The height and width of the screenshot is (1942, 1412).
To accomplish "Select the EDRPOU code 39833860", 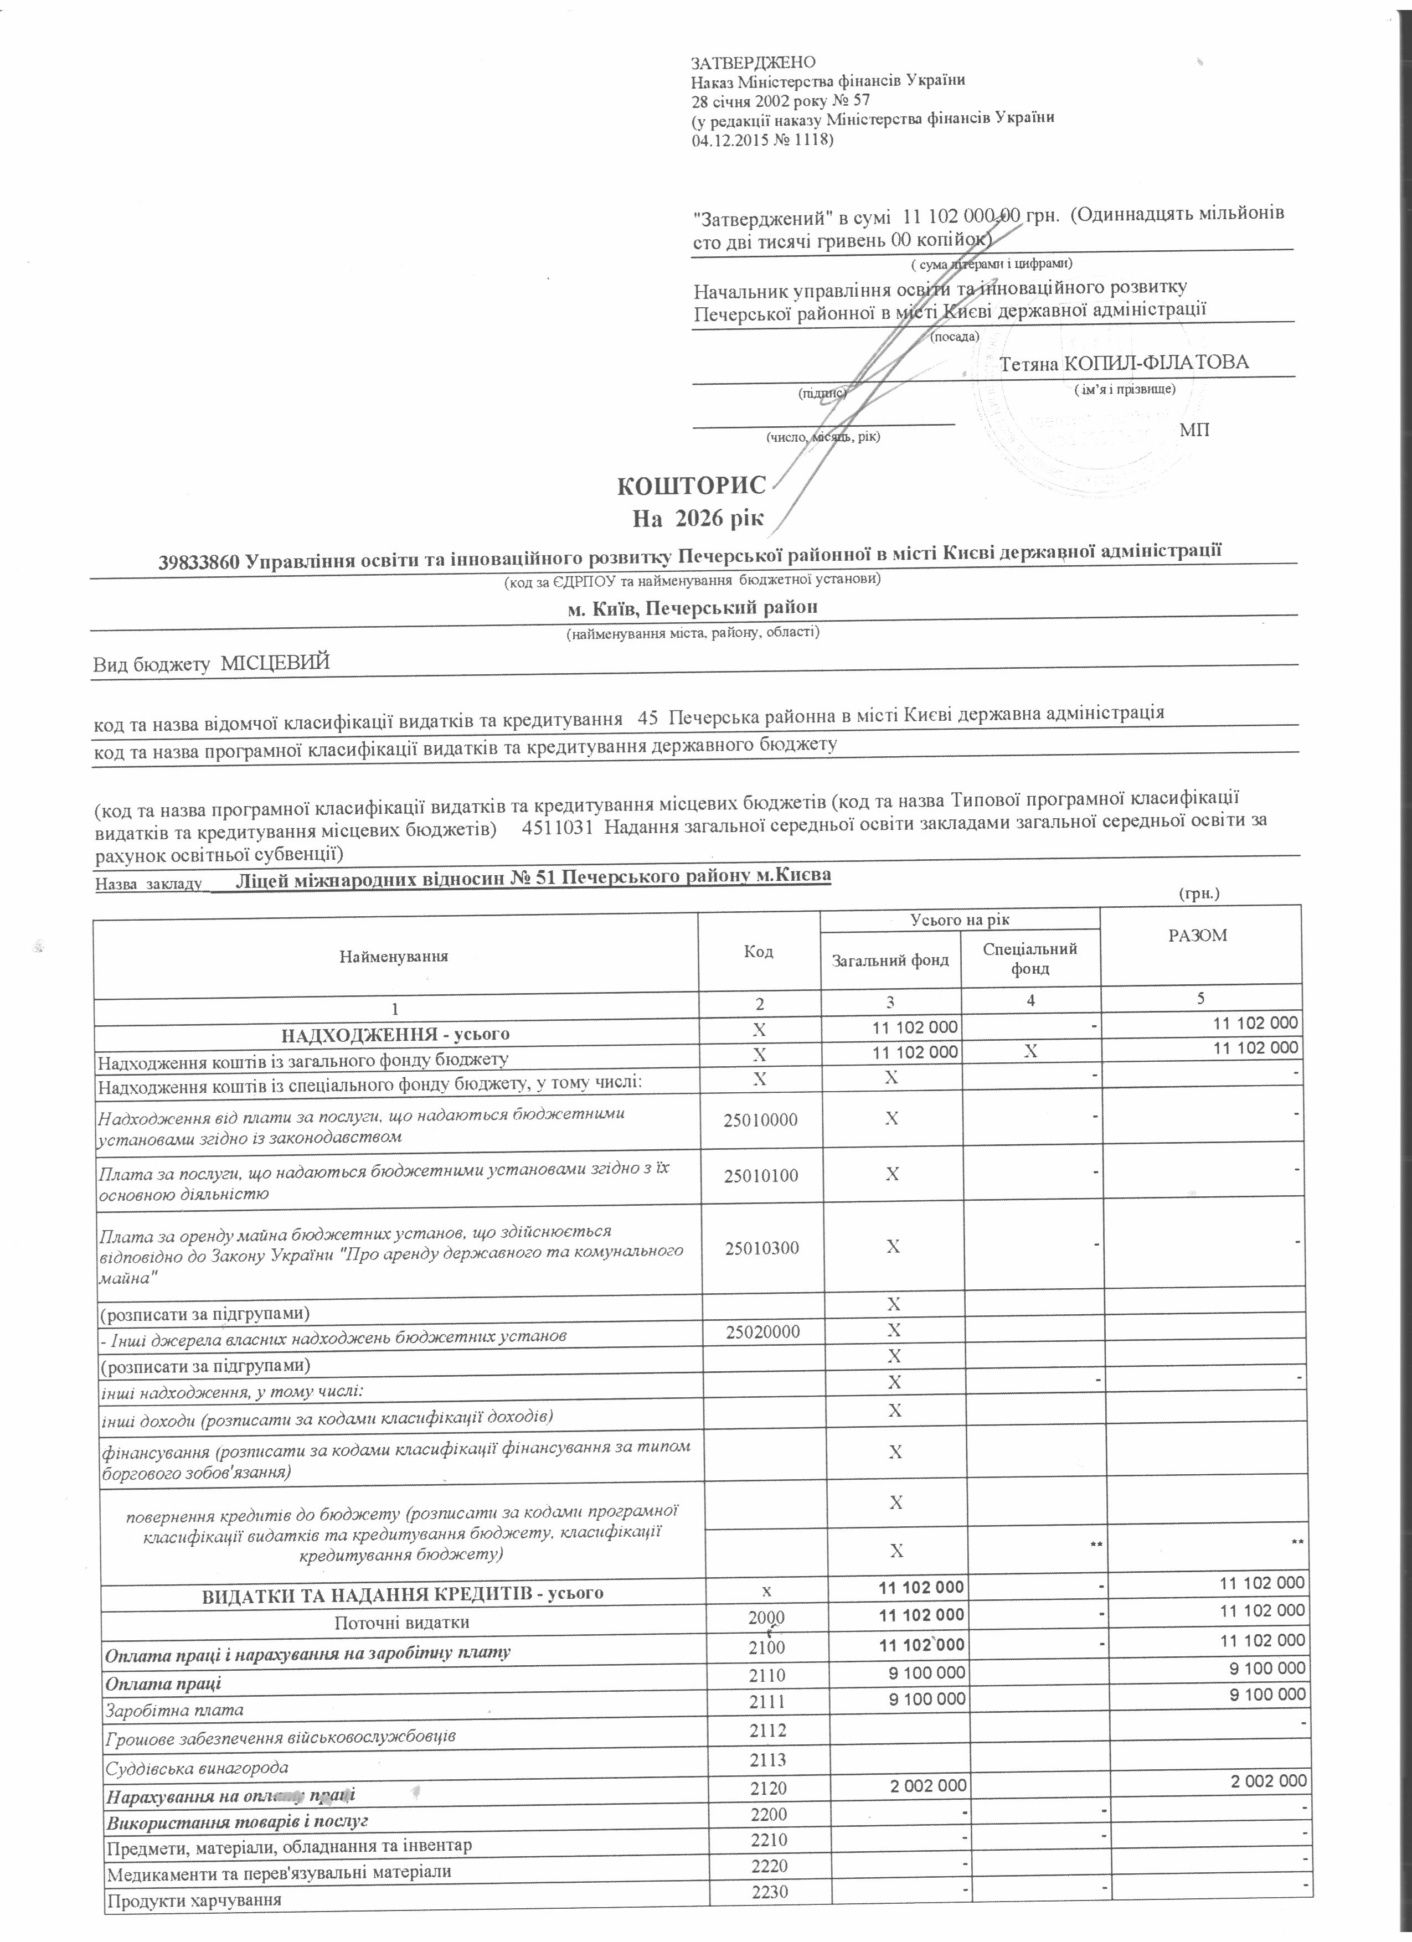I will (x=199, y=562).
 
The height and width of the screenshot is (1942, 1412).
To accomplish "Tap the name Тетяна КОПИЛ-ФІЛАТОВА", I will (x=1124, y=362).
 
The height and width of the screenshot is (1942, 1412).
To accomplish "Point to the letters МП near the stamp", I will (x=1194, y=429).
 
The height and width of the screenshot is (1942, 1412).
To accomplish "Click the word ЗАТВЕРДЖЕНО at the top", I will (x=754, y=63).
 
